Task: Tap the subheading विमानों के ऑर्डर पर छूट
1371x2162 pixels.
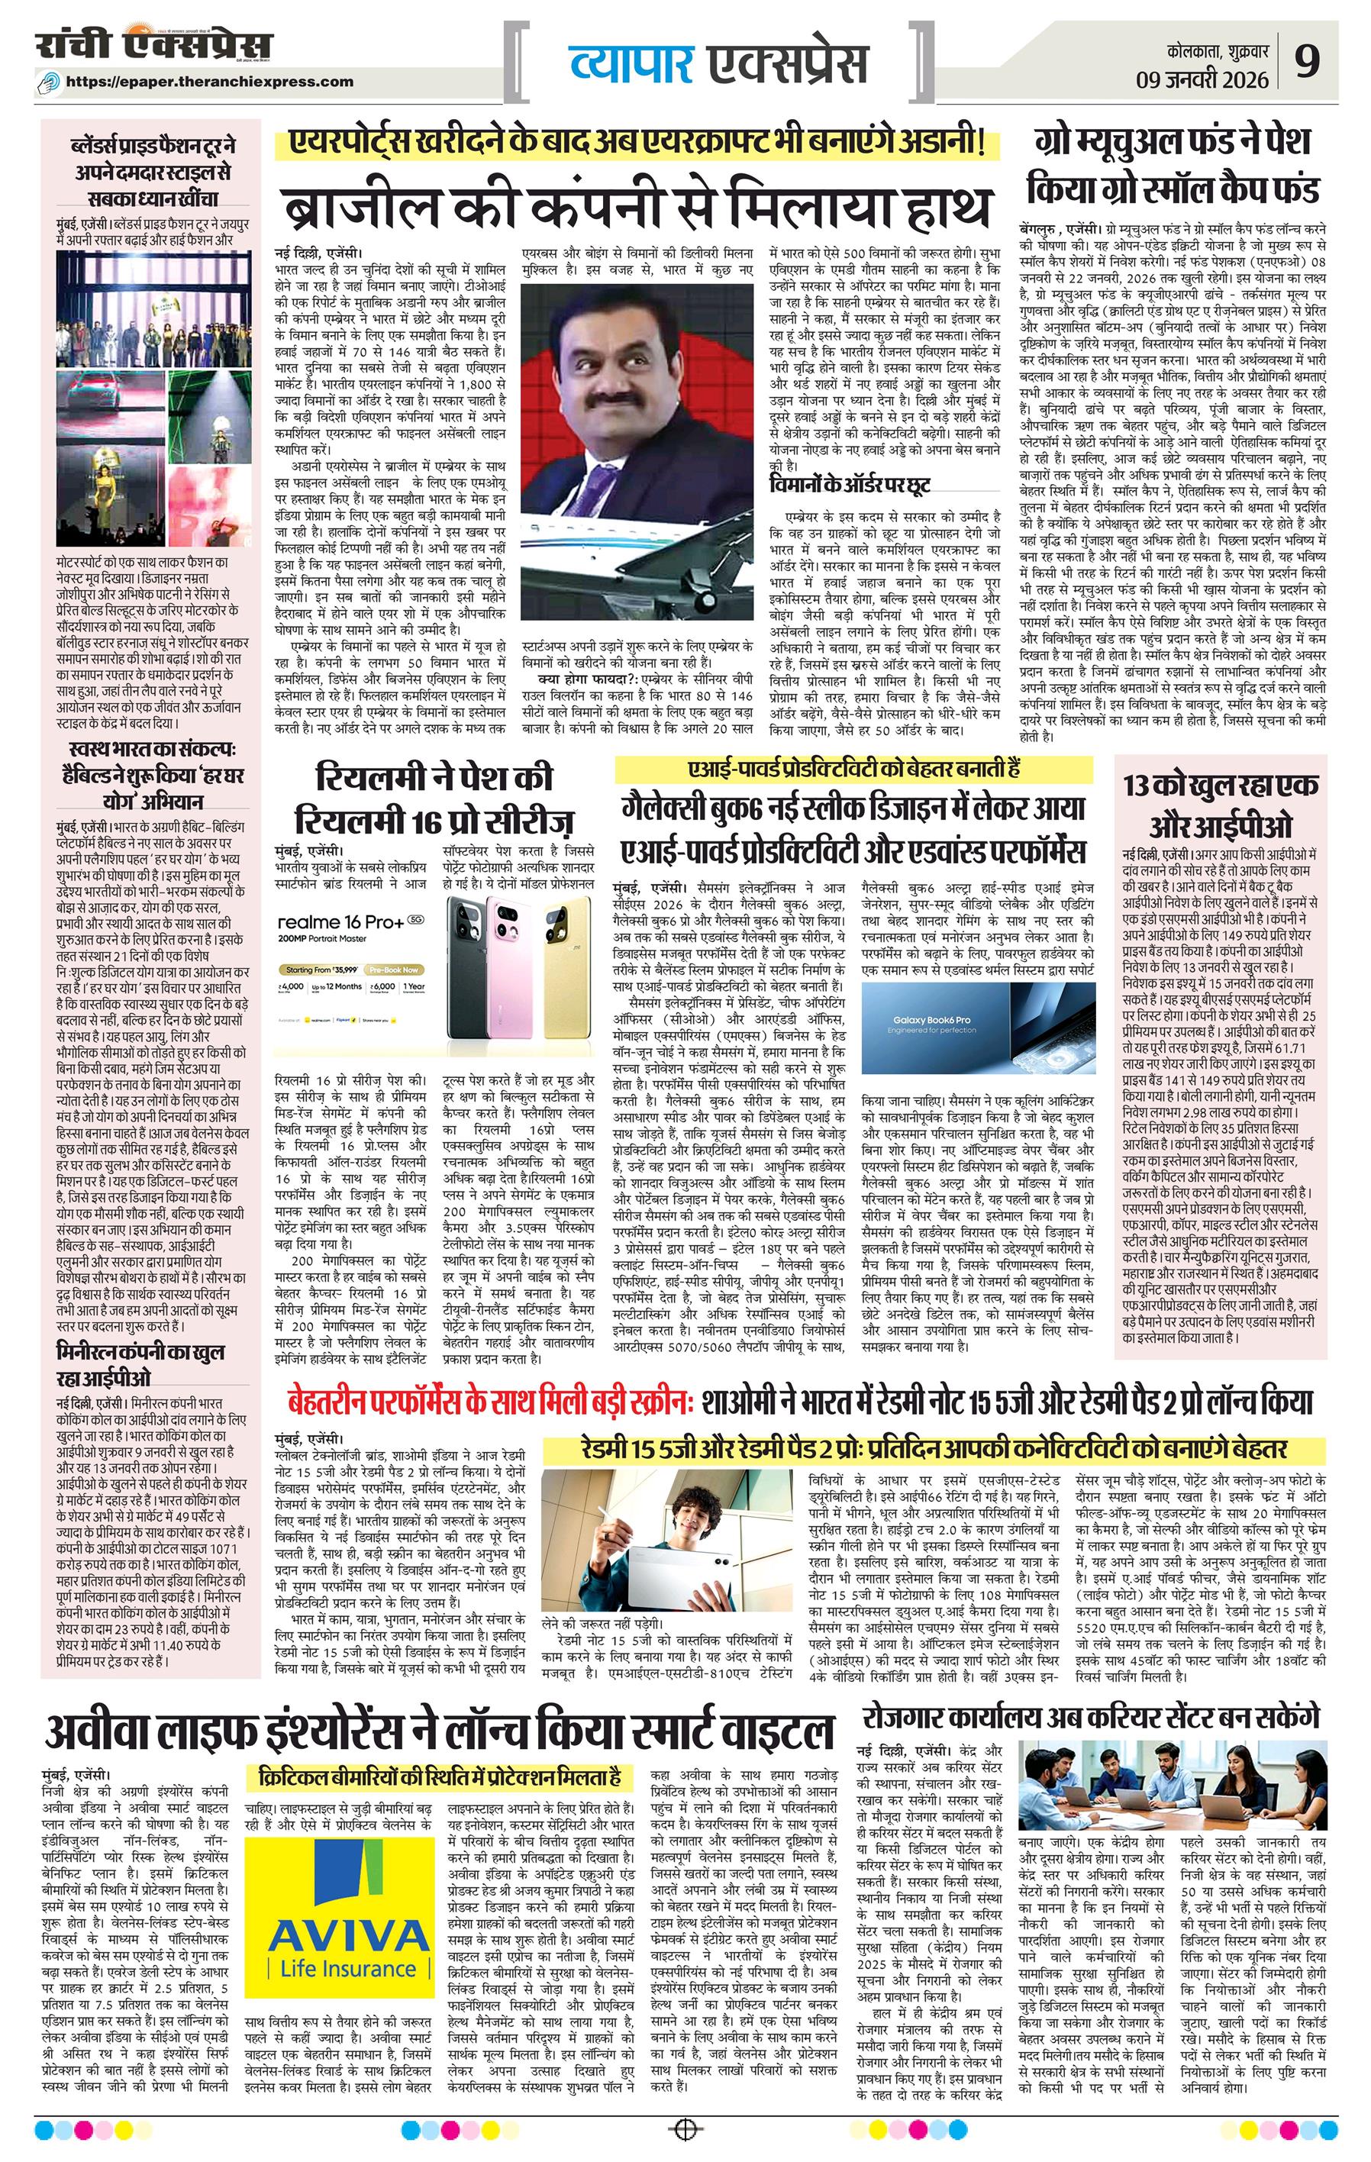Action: [x=848, y=485]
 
